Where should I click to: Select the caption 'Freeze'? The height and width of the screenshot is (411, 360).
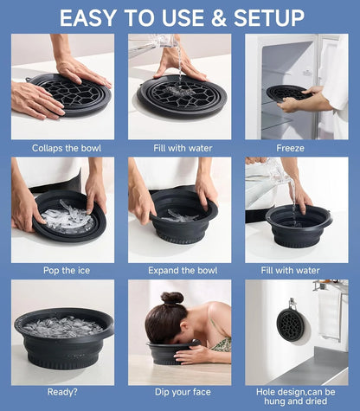tap(290, 148)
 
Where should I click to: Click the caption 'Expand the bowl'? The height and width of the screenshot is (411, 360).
tap(179, 270)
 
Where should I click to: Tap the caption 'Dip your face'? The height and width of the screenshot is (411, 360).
tap(179, 393)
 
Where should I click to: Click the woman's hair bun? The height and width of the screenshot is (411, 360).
tap(172, 299)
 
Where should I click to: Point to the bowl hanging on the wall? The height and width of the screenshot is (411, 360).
tap(290, 325)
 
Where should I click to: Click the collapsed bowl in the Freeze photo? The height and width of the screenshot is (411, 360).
tap(286, 92)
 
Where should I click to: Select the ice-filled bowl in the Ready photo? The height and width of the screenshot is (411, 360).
tap(63, 333)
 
